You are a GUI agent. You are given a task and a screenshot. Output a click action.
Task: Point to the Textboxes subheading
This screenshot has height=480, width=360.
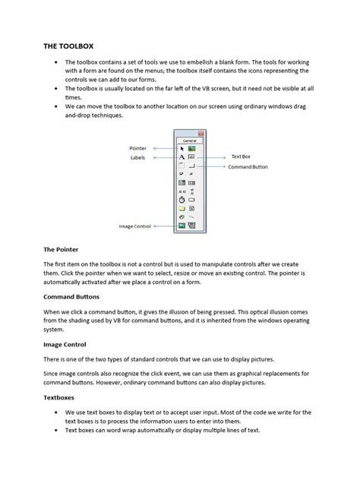[62, 396]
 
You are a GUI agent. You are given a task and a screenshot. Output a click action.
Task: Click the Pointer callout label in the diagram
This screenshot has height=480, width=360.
[137, 149]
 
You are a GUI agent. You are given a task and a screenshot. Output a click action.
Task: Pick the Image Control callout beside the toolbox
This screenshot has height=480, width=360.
[134, 226]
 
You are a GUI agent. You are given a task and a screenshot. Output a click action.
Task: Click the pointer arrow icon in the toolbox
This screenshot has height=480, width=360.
[182, 149]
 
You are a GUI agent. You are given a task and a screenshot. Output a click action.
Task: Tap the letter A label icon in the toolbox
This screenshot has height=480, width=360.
[181, 157]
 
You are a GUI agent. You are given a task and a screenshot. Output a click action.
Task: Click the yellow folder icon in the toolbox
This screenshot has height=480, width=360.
[182, 208]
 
